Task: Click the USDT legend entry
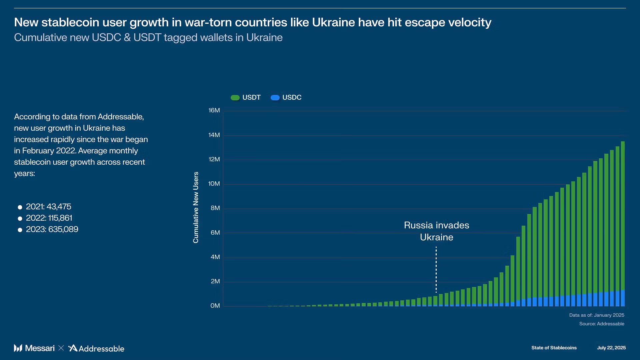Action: (246, 97)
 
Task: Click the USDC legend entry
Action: (286, 97)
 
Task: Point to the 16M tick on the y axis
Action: (214, 110)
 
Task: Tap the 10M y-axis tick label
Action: (214, 184)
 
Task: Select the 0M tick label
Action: (215, 306)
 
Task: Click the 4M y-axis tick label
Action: (215, 257)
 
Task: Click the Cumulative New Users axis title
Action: (196, 207)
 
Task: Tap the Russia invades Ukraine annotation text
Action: (436, 231)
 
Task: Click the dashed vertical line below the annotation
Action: (436, 270)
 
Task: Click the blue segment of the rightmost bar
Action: (623, 298)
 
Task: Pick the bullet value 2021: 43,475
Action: (48, 207)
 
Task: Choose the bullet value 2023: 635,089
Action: (52, 229)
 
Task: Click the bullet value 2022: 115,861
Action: (49, 218)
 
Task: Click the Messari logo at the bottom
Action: (34, 348)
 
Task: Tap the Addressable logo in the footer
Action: (96, 348)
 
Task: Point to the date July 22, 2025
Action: (611, 348)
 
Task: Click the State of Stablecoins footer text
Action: (554, 348)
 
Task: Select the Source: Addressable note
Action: (601, 324)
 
